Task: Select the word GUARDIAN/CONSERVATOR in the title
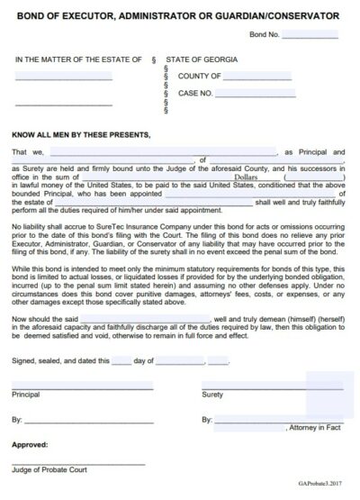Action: tap(290, 16)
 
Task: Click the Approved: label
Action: tap(29, 444)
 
